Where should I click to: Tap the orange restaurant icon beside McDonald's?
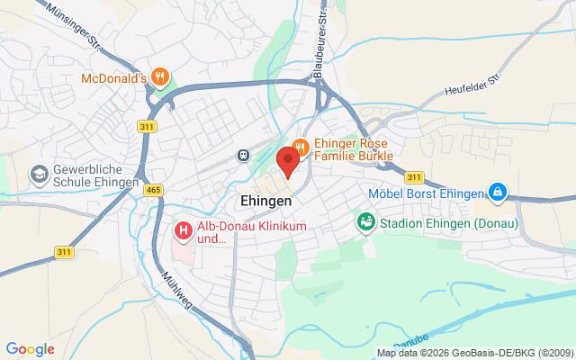pos(160,76)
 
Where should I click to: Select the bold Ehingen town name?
pos(265,200)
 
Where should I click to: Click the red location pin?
pos(287,162)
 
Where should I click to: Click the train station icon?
pos(244,155)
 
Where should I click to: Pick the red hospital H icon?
pos(183,230)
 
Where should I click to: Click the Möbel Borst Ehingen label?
pos(427,192)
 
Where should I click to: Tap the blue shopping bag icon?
pos(497,192)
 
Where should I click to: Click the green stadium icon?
pos(366,220)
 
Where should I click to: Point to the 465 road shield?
pos(153,190)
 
